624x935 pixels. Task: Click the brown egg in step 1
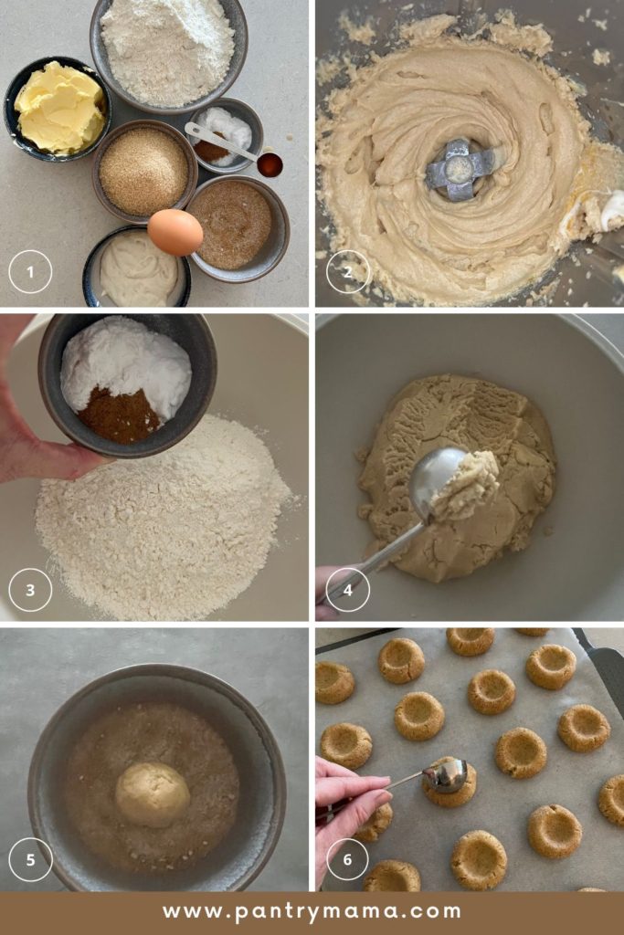point(175,232)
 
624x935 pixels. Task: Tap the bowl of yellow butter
point(58,108)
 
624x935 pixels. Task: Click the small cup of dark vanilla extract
point(270,164)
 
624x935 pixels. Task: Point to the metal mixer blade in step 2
point(461,169)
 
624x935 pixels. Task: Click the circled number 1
point(30,271)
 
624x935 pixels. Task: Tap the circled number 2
point(348,271)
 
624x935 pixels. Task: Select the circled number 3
point(30,590)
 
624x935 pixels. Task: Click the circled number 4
point(348,590)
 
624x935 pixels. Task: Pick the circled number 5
point(30,859)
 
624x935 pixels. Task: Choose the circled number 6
point(348,859)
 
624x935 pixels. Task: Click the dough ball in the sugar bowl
point(152,794)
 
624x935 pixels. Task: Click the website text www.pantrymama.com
point(312,911)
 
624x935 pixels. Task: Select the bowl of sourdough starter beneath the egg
point(137,269)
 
